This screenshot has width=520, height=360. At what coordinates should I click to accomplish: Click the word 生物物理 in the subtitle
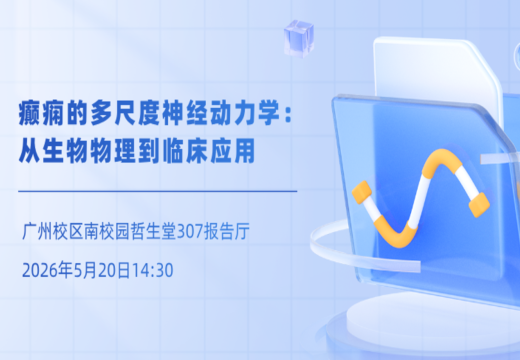pos(88,150)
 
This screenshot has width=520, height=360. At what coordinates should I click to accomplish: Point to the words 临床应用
pos(208,150)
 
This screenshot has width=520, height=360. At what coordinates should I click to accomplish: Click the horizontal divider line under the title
pos(157,192)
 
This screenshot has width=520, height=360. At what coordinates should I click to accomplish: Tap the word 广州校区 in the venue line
pos(52,231)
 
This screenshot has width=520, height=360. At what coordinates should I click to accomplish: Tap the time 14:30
pos(153,270)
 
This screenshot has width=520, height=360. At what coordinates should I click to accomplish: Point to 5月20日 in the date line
pos(102,270)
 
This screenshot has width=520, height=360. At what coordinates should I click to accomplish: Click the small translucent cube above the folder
pos(299,38)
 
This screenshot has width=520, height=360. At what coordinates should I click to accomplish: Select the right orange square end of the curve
pos(479,204)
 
